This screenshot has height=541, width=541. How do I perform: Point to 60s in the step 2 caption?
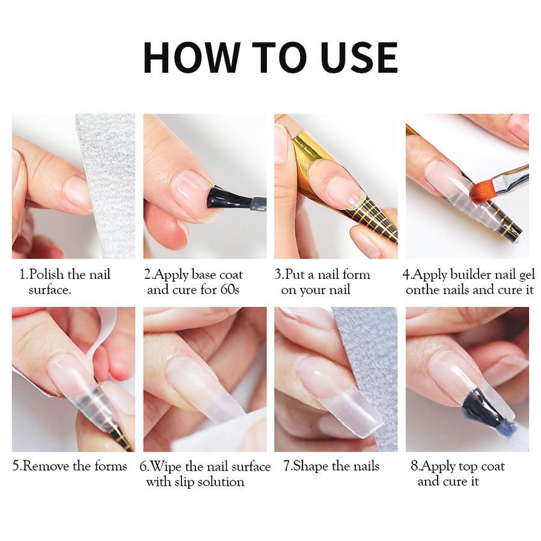[229, 290]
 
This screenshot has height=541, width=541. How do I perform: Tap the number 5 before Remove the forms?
[16, 466]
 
